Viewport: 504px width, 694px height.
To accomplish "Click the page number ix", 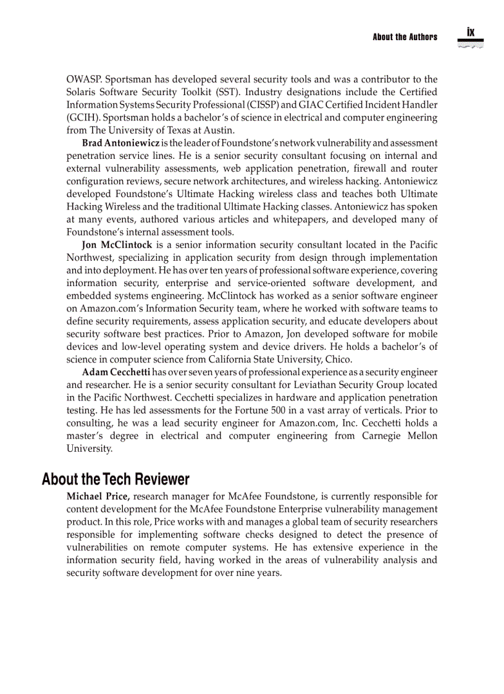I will point(471,32).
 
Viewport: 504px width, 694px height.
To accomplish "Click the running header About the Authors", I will point(405,37).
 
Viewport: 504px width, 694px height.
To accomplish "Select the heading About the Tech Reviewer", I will point(115,479).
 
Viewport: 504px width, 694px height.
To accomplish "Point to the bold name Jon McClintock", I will point(117,245).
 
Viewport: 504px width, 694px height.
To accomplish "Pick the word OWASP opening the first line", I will point(83,80).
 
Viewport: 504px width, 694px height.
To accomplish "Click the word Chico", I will point(339,359).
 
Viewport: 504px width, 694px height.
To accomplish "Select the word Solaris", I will point(83,92).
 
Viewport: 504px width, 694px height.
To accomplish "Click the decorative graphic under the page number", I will point(471,44).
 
